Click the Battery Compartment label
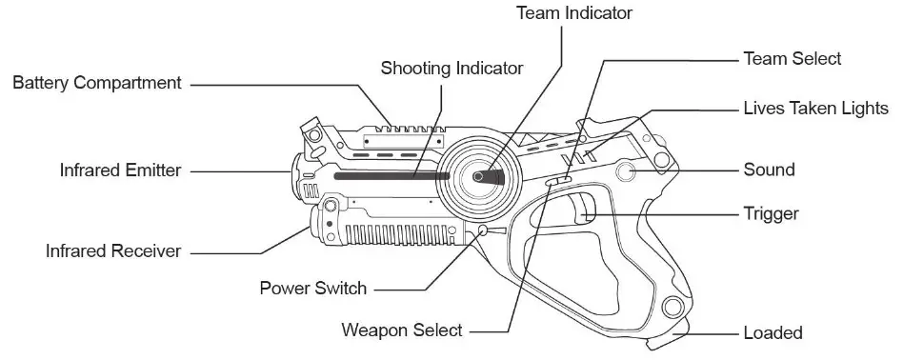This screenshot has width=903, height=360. [96, 84]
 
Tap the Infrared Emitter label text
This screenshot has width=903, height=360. [121, 170]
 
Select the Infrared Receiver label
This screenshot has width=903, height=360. [113, 251]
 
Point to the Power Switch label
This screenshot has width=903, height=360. [312, 287]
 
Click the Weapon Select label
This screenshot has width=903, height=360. [402, 330]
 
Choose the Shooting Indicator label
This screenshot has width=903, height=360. [451, 68]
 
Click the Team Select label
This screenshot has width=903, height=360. [792, 59]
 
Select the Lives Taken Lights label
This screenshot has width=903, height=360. [815, 108]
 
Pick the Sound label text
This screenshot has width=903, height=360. [769, 170]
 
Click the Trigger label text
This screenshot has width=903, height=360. [771, 214]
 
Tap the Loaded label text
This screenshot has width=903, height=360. [773, 333]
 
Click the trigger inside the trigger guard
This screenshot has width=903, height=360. [587, 208]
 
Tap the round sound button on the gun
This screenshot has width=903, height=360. [627, 171]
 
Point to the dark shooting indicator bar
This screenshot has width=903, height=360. [391, 176]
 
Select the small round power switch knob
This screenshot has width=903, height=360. [484, 230]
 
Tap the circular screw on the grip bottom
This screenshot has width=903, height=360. [674, 307]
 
